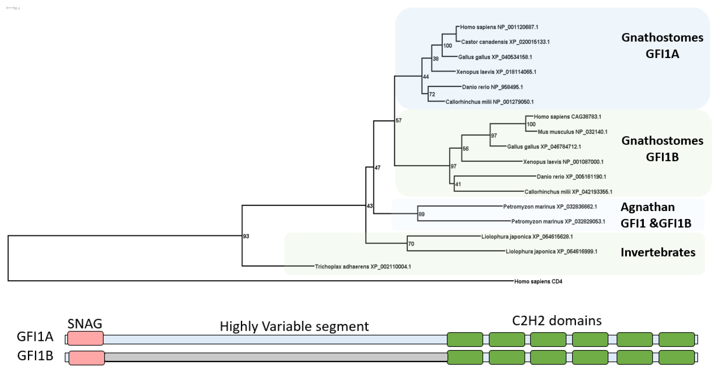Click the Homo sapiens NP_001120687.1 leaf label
(x=499, y=27)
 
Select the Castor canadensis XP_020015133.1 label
(x=505, y=42)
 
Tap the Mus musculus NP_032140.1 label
(x=572, y=132)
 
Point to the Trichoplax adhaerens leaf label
(x=363, y=267)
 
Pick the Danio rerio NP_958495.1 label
(x=492, y=87)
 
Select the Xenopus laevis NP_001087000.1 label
(x=563, y=162)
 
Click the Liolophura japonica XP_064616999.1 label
(x=551, y=252)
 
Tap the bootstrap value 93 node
(x=246, y=236)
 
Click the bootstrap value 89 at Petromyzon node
(x=421, y=214)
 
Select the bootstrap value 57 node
(x=399, y=121)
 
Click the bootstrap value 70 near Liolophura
(x=411, y=244)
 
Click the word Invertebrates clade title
(x=658, y=252)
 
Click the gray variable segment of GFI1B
(x=275, y=357)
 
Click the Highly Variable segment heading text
(x=294, y=326)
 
